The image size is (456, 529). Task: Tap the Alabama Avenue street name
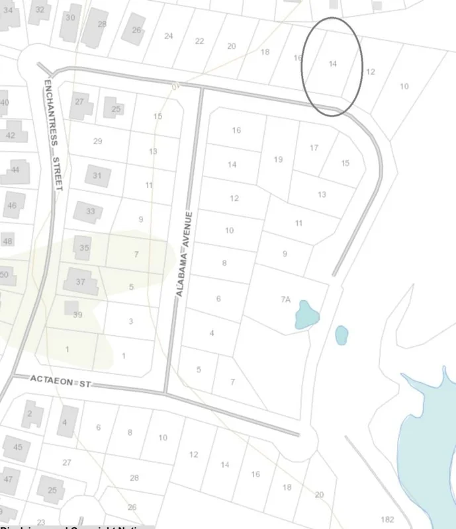[x=184, y=254]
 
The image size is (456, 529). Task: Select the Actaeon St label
[x=60, y=380]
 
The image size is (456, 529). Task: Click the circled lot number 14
[x=333, y=64]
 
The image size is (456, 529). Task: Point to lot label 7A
[x=285, y=300]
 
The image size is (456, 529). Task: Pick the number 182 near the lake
[x=388, y=519]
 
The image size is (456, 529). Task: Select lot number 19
[x=278, y=159]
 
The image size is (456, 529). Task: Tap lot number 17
[x=314, y=148]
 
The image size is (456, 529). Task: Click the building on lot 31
[x=97, y=175]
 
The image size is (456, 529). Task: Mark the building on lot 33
[x=89, y=212]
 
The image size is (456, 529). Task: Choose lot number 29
[x=98, y=142]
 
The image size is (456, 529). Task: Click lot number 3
[x=131, y=321]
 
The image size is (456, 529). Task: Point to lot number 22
[x=199, y=41]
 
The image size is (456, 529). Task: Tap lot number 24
[x=169, y=36]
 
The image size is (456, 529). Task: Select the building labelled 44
[x=15, y=171]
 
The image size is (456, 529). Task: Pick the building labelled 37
[x=79, y=282]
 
